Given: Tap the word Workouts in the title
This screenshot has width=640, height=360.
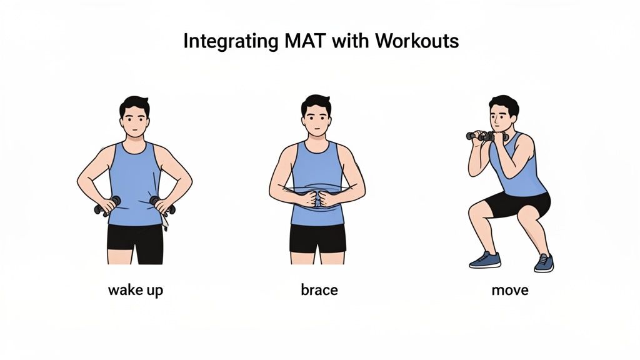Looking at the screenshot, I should pos(417,41).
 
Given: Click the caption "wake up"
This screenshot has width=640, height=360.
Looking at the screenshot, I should pos(136,290).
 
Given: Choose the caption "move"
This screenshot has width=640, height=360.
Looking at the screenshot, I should pos(509,290).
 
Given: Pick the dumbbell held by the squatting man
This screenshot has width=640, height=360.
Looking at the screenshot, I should pos(487,136).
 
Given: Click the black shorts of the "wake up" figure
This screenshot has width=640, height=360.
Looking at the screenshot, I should pos(135,241).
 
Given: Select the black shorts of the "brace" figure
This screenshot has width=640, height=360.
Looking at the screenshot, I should pos(317,237).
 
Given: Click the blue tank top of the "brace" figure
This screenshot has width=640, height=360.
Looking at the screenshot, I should pos(317,169).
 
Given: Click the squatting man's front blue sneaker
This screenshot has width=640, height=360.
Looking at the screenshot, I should pos(485,260).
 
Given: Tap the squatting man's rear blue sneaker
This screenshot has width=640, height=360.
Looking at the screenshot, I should pos(544,263).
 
